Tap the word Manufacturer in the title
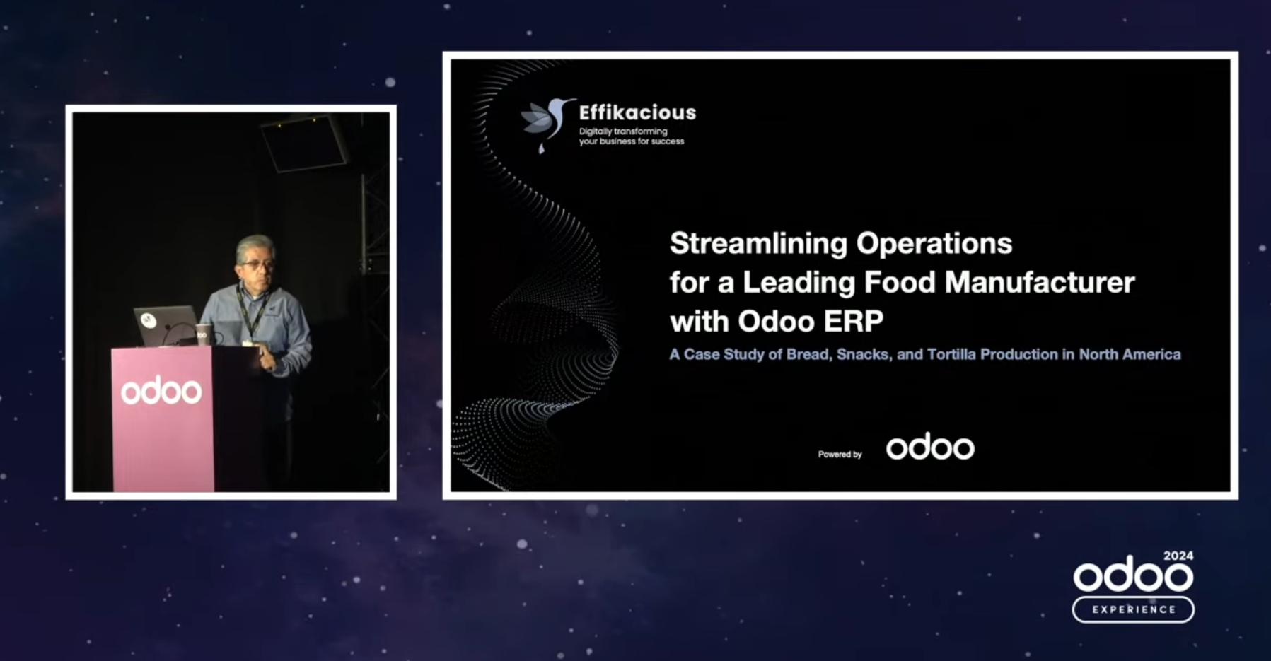tap(1040, 282)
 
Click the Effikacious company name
tap(637, 112)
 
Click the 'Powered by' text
tap(840, 455)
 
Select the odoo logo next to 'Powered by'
tap(930, 447)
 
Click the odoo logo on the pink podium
tap(161, 390)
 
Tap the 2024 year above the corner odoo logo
tap(1178, 556)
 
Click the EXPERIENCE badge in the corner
tap(1133, 609)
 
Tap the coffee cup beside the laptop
tap(203, 334)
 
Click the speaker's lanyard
tap(248, 315)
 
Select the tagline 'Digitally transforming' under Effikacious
tap(623, 131)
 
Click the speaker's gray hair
tap(255, 245)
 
